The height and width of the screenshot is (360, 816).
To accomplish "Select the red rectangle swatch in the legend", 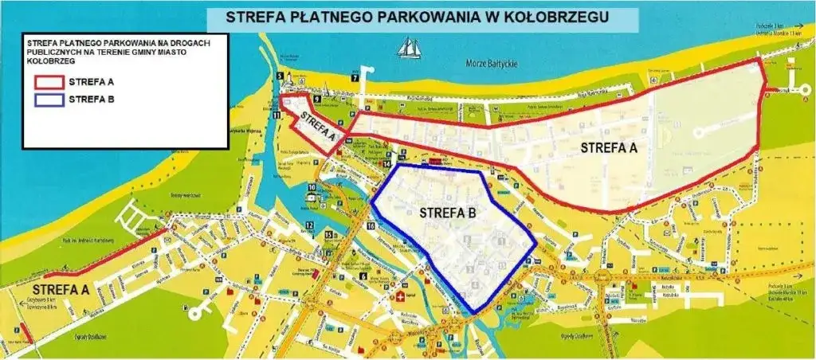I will click(x=47, y=80).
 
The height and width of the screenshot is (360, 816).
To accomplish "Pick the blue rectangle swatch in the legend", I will click(x=47, y=100).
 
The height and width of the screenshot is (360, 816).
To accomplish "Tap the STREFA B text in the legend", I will click(x=92, y=100).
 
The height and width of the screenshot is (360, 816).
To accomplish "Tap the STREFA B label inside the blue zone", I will click(x=447, y=213).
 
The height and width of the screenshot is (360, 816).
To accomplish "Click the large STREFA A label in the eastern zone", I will click(x=609, y=147).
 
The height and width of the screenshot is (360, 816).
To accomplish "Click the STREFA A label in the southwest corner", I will click(x=61, y=290).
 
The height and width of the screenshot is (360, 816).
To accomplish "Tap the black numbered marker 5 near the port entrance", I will click(x=280, y=76).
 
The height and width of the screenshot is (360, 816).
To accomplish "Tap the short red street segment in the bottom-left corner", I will click(x=25, y=328).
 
